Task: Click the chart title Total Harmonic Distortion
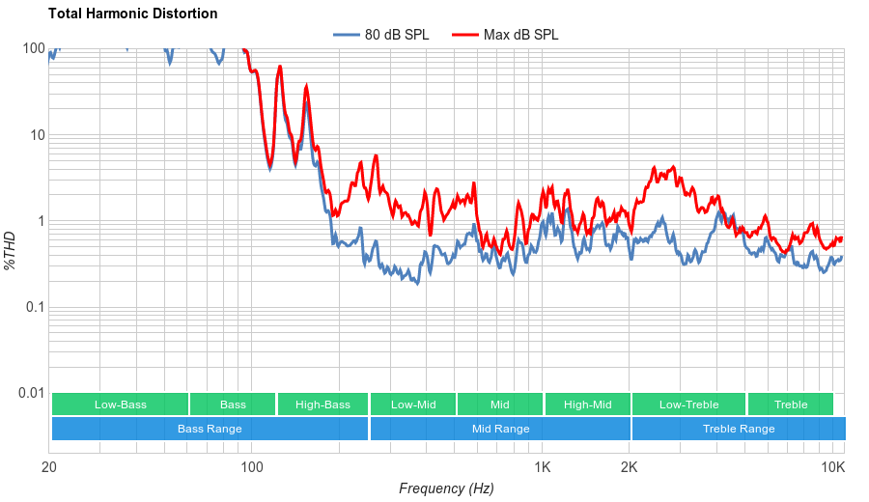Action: [132, 14]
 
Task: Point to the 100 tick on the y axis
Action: [34, 49]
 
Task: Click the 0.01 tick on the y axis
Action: [30, 394]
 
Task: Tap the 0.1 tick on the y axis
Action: [34, 308]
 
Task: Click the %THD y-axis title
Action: [11, 250]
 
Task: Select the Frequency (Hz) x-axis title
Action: [446, 488]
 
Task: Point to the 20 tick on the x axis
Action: [49, 467]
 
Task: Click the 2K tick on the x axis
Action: [629, 467]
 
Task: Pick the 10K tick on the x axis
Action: [833, 467]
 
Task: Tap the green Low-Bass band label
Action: [121, 404]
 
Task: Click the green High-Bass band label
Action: [322, 404]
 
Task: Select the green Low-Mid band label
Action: [413, 404]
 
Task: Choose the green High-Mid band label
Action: [587, 404]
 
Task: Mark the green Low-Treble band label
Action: [688, 404]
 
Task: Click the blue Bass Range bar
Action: [210, 429]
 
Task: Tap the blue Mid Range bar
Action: [500, 429]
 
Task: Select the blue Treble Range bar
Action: [739, 429]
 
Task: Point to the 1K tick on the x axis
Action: [543, 467]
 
